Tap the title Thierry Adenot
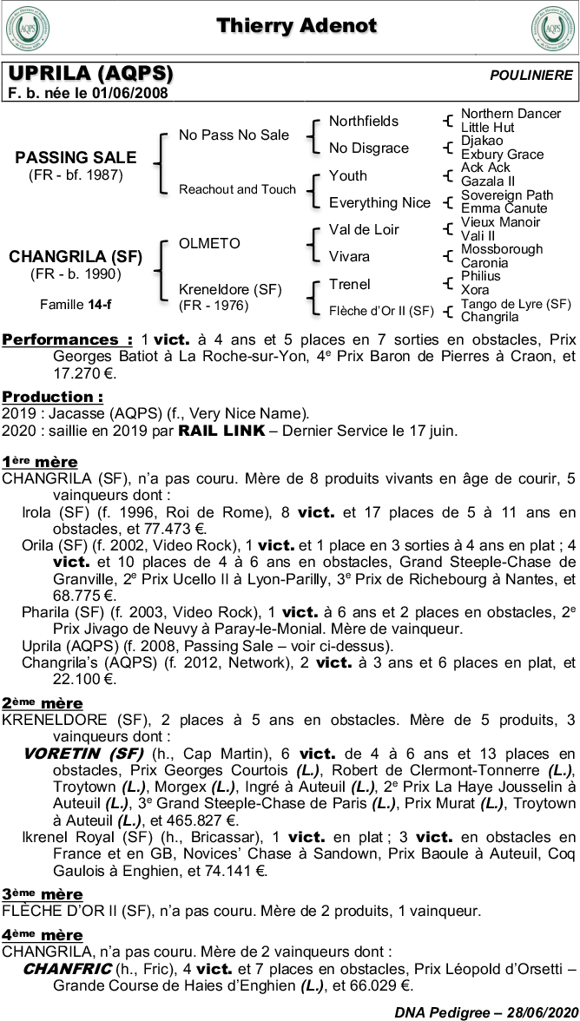pos(296,25)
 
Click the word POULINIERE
pos(531,76)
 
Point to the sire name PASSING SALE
pos(76,157)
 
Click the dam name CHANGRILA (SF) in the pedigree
pos(76,256)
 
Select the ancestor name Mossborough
pos(502,249)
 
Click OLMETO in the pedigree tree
pos(209,243)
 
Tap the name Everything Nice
pos(379,202)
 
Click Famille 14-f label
pos(76,305)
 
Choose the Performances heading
pos(68,339)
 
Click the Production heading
pos(53,397)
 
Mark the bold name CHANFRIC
pos(67,968)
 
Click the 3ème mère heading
pos(43,893)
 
